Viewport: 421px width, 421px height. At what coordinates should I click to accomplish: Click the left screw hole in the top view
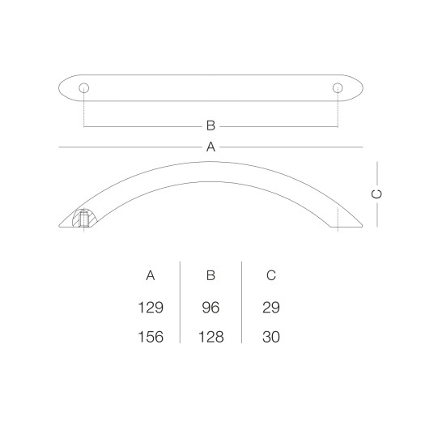click(84, 88)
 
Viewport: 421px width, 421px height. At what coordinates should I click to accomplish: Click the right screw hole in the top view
click(338, 88)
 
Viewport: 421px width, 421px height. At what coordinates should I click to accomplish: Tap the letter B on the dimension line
click(210, 125)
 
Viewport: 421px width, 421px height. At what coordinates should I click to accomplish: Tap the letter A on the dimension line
click(210, 147)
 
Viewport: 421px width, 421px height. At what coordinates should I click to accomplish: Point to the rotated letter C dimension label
click(376, 194)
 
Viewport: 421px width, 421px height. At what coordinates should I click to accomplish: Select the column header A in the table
click(151, 275)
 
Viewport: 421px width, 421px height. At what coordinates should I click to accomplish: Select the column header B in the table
click(210, 275)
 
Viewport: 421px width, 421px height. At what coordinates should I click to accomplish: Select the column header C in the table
click(271, 275)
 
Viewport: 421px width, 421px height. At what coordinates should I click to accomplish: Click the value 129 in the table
click(151, 308)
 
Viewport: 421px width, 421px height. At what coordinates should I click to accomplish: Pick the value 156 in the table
click(151, 337)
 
